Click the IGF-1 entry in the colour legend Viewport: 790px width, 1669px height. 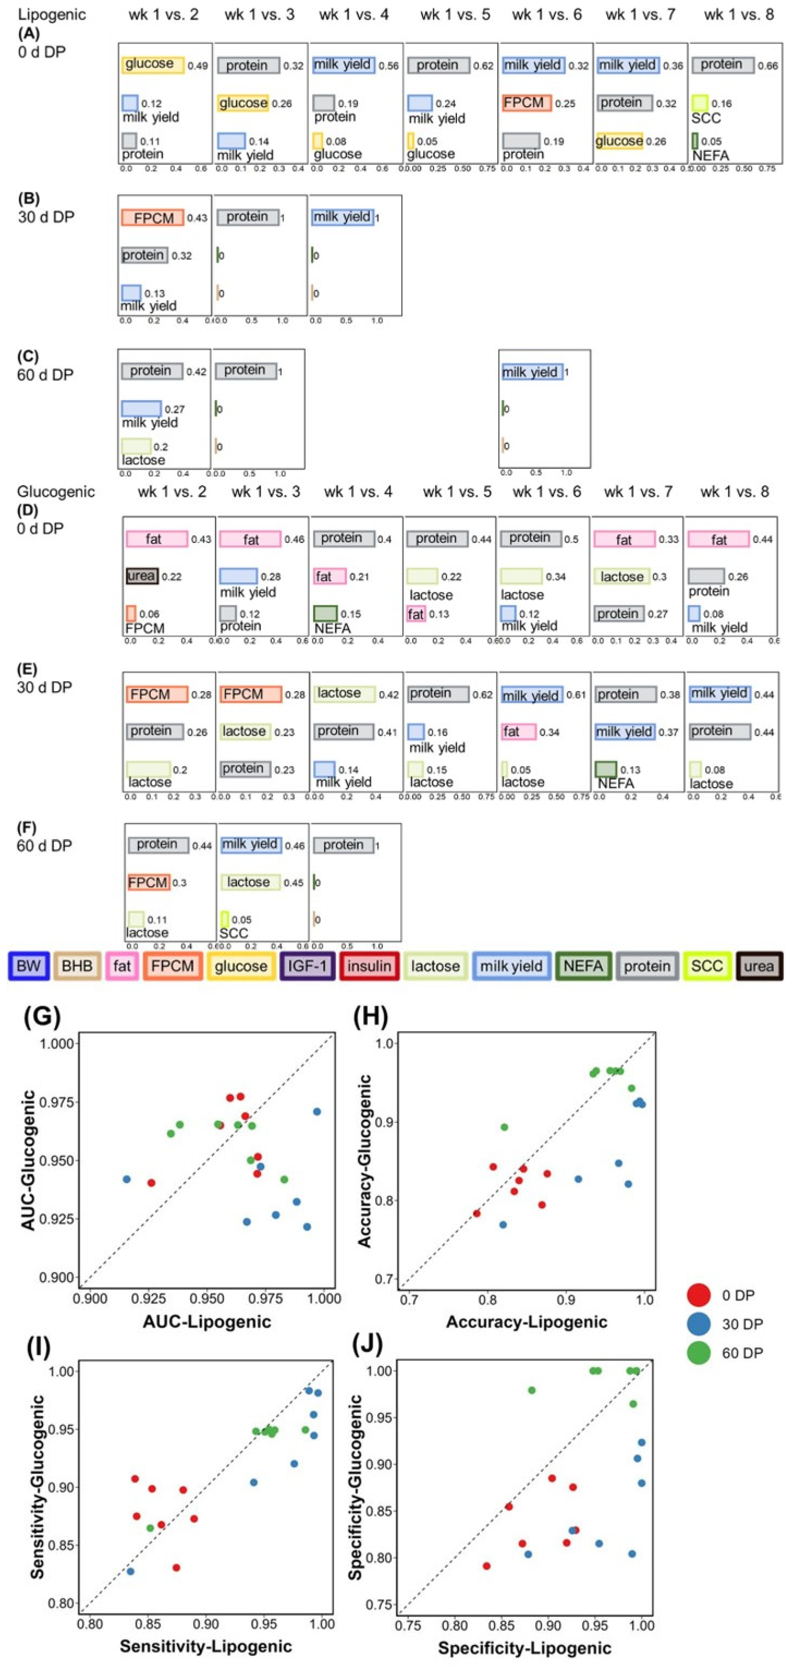click(307, 966)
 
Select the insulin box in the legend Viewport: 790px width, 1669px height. click(369, 966)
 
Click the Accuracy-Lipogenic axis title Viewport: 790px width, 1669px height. click(527, 1322)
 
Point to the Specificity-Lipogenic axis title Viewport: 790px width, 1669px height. click(525, 1648)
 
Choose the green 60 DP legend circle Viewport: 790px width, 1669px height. click(699, 1353)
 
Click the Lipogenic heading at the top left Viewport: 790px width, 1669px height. click(52, 14)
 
